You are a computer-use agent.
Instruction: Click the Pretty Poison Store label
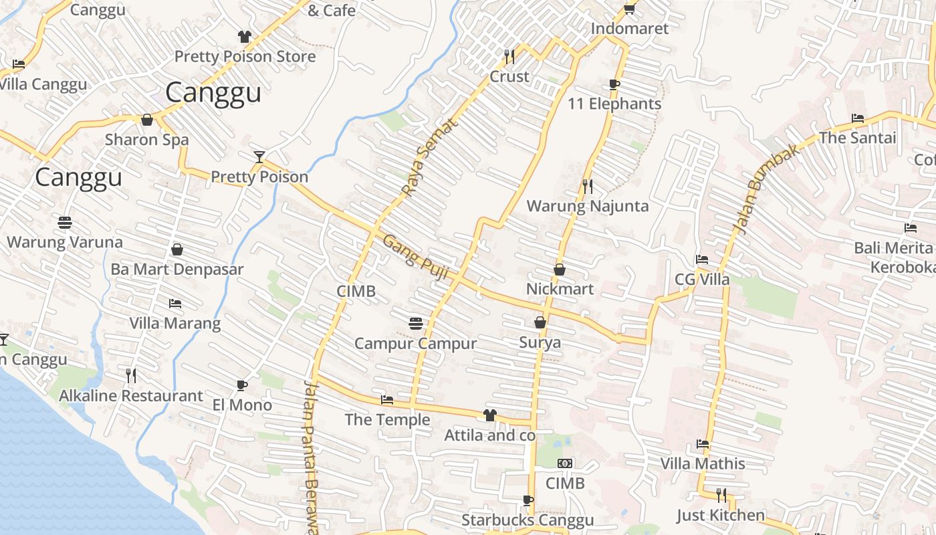click(245, 57)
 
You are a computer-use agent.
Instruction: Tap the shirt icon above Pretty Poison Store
click(245, 36)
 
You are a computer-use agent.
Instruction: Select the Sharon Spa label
click(147, 140)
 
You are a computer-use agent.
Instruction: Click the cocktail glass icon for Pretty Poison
click(259, 156)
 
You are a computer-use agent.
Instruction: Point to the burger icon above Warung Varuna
click(65, 222)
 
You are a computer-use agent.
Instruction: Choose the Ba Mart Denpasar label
click(177, 270)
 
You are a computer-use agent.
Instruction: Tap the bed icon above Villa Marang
click(175, 304)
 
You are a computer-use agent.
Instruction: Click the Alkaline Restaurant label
click(131, 396)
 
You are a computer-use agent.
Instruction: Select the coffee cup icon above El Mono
click(242, 385)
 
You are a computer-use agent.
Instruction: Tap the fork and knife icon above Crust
click(509, 56)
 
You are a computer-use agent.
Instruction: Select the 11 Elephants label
click(614, 104)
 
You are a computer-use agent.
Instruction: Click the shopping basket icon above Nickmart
click(560, 270)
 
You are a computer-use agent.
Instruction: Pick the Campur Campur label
click(415, 344)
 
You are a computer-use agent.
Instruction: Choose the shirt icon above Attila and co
click(490, 415)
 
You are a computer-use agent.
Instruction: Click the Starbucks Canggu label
click(528, 520)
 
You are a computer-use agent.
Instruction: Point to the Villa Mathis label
click(703, 463)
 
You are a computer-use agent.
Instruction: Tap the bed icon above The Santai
click(858, 118)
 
